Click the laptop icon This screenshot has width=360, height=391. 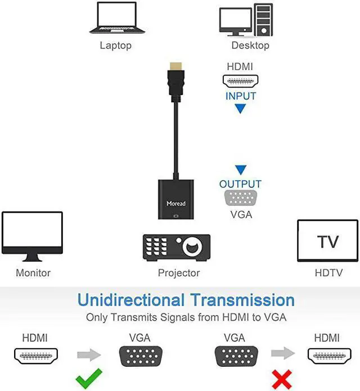point(117,18)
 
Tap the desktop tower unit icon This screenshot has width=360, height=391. point(263,20)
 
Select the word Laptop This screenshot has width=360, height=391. point(116,46)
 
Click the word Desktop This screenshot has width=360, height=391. point(250,46)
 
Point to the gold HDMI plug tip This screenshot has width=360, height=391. point(175,66)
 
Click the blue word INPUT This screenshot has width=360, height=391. point(241,96)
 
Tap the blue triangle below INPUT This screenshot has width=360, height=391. point(241,109)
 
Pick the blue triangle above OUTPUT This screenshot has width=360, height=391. point(241,170)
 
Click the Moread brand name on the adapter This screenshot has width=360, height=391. point(176,204)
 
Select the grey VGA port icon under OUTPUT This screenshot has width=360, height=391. point(241,197)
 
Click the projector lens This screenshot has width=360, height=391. point(192,247)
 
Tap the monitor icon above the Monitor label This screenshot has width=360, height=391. point(32,236)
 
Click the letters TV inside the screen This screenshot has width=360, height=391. point(328,241)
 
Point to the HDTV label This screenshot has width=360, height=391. point(328,273)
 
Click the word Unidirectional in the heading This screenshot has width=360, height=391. point(131,300)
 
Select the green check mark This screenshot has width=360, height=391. point(89,378)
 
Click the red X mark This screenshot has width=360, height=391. point(282,379)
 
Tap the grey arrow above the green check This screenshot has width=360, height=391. point(89,354)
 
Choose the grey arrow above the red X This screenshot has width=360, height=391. point(283,353)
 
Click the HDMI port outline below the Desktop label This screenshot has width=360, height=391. point(240,81)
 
